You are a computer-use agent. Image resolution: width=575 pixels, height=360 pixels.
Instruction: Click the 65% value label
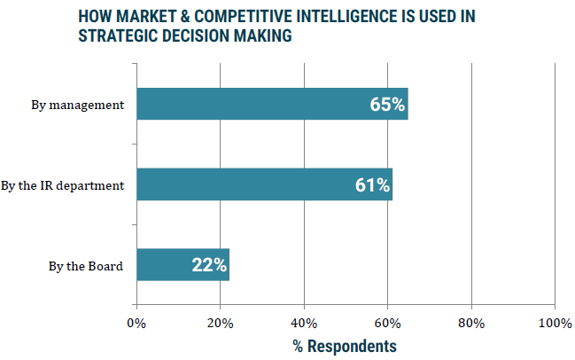click(x=387, y=105)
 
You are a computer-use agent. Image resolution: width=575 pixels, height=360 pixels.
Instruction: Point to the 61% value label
click(x=371, y=184)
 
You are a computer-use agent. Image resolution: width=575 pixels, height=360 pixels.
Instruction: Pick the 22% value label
click(x=209, y=264)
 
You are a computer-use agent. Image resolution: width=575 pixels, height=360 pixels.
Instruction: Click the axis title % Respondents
click(x=345, y=345)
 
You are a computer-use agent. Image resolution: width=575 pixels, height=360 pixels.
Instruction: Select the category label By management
click(x=78, y=106)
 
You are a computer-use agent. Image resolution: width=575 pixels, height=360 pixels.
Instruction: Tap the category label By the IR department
click(x=63, y=185)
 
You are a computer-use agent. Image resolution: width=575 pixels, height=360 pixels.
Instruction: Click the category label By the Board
click(x=86, y=265)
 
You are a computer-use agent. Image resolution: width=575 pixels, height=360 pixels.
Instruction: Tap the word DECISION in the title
click(x=194, y=36)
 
